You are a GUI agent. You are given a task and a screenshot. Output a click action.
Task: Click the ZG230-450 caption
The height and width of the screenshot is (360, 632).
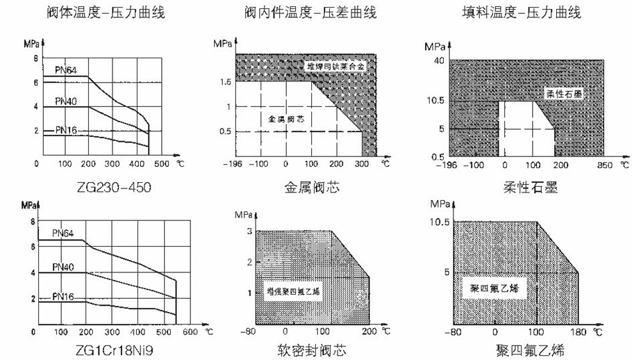coord(115,188)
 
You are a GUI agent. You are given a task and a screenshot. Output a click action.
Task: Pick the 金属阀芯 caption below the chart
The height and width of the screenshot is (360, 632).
coord(310,188)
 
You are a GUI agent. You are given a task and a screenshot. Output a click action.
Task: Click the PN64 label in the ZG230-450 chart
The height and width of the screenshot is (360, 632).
coord(67,69)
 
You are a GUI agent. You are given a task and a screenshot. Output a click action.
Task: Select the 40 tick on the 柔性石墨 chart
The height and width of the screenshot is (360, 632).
coord(438,60)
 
